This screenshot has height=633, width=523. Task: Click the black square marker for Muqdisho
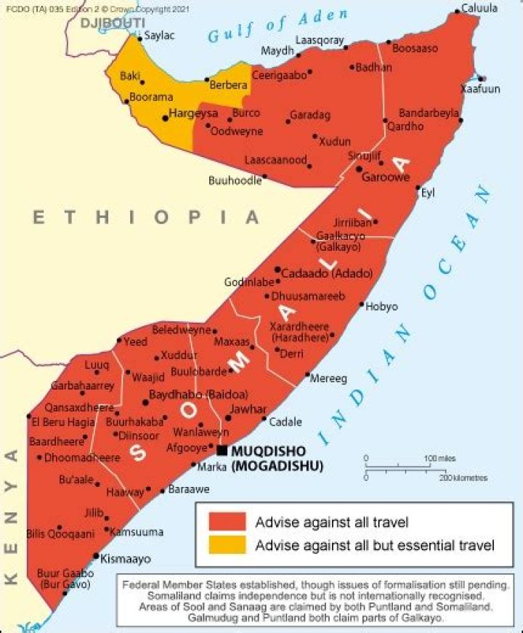pyautogui.click(x=222, y=451)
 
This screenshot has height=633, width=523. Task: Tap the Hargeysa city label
pyautogui.click(x=193, y=113)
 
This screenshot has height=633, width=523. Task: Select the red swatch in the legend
pyautogui.click(x=227, y=522)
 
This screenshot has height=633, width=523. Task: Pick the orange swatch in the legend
pyautogui.click(x=227, y=544)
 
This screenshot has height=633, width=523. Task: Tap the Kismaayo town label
pyautogui.click(x=126, y=560)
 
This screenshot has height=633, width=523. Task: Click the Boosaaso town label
pyautogui.click(x=415, y=49)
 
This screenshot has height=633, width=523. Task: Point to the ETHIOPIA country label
pyautogui.click(x=145, y=217)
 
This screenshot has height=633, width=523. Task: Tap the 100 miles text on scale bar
pyautogui.click(x=440, y=459)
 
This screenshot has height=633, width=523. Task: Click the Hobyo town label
pyautogui.click(x=381, y=307)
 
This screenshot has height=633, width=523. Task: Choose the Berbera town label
pyautogui.click(x=229, y=85)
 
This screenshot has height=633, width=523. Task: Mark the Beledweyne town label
pyautogui.click(x=180, y=330)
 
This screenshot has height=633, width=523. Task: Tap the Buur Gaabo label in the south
pyautogui.click(x=62, y=573)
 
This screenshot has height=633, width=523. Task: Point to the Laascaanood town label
pyautogui.click(x=275, y=160)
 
